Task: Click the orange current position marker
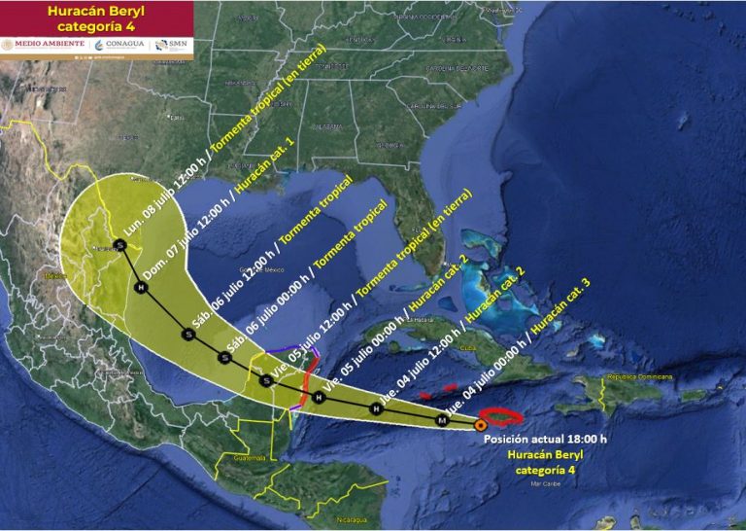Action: (x=481, y=424)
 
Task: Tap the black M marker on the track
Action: (x=442, y=420)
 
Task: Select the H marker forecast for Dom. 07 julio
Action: (x=141, y=289)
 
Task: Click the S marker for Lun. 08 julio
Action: (x=119, y=243)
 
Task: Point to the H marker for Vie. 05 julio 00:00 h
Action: (x=318, y=397)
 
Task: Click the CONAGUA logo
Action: (x=122, y=45)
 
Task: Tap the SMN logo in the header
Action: (x=173, y=45)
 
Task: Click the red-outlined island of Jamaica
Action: (x=504, y=416)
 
